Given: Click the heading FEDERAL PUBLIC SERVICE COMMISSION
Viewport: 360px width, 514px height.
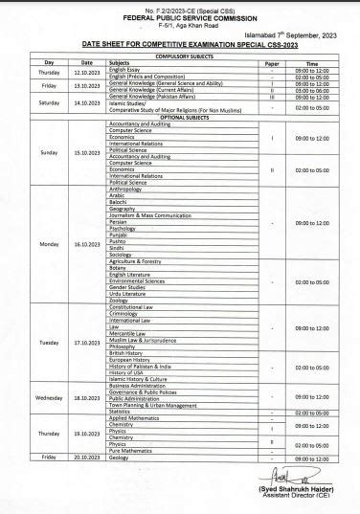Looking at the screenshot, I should point(179,15).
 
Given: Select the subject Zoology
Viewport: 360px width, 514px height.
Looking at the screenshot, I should point(121,300).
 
